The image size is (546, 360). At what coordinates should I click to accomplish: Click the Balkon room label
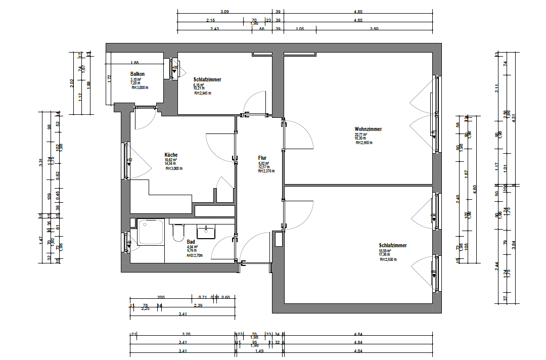point(138,74)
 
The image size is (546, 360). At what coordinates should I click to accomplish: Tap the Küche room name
point(171,155)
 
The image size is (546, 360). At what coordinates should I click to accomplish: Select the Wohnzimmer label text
point(368,129)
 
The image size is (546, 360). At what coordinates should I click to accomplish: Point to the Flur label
point(262,158)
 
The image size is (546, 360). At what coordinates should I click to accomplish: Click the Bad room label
point(191,242)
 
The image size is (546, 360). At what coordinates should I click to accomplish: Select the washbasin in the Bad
point(206,232)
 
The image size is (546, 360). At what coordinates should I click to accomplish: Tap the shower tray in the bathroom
point(151,232)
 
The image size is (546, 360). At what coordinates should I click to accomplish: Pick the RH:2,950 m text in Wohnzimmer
point(364,143)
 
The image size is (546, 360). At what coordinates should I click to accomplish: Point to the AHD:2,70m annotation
point(195,255)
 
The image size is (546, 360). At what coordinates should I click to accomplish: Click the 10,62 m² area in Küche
point(171,160)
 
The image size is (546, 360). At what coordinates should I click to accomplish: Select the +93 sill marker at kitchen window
point(129,160)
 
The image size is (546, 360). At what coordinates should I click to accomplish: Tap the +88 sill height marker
point(175,67)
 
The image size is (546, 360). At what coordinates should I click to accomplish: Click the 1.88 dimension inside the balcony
point(134,63)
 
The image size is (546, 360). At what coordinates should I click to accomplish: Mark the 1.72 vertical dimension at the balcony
point(109,78)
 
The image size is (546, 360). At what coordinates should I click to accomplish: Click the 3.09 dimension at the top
point(224,12)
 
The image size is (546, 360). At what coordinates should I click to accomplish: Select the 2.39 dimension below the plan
point(199,306)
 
